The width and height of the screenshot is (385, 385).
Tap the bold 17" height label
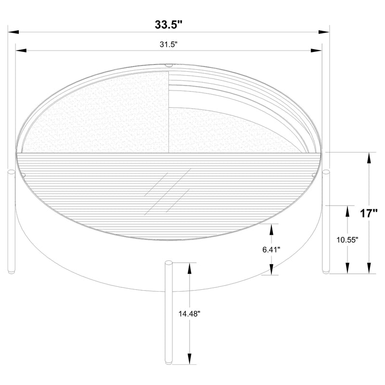point(369,213)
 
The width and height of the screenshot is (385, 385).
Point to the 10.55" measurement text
point(347,240)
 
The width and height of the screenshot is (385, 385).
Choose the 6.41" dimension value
point(272,249)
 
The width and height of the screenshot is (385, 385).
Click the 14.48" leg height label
point(189,313)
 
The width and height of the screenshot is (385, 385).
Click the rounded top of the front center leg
point(168,264)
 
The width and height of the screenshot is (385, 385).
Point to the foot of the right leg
point(326,271)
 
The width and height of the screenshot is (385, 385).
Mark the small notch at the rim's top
point(168,65)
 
